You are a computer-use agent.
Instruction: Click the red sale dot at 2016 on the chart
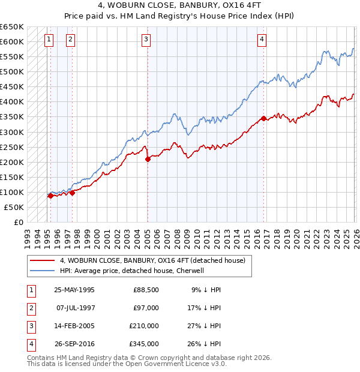[x=263, y=118]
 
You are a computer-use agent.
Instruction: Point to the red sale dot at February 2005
[x=148, y=158]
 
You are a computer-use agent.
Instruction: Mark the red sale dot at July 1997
[x=72, y=193]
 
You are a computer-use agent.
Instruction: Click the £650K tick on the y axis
[x=12, y=27]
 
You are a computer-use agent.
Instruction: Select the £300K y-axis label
[x=12, y=132]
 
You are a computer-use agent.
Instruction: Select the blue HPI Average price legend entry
[x=132, y=271]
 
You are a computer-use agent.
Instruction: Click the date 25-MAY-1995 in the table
[x=74, y=290]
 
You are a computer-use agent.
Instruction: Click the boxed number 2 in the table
[x=31, y=308]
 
